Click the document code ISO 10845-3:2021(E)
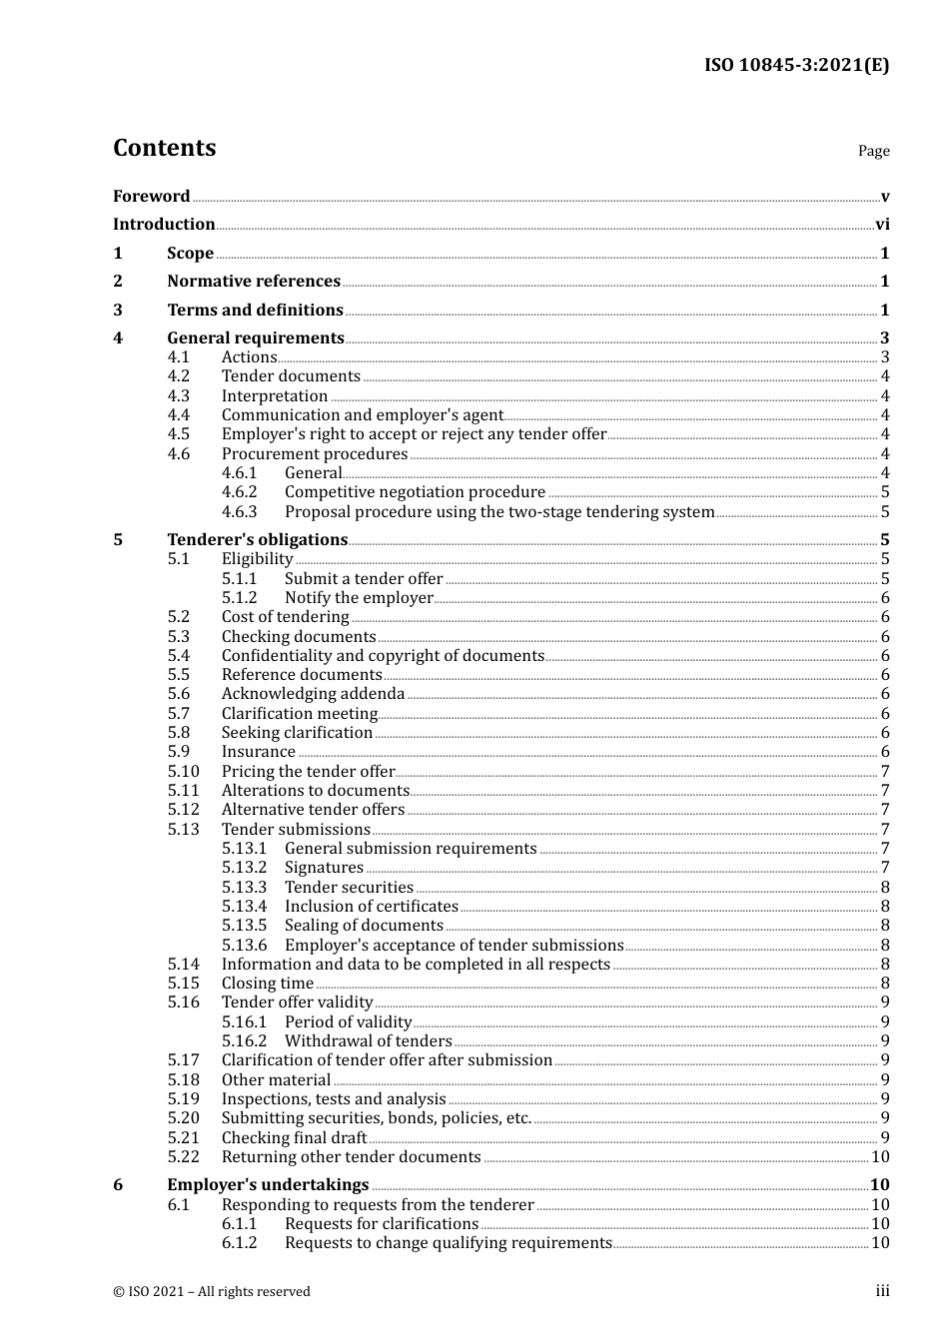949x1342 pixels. pyautogui.click(x=796, y=65)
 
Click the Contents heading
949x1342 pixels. pyautogui.click(x=164, y=148)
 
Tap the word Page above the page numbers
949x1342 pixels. pyautogui.click(x=873, y=151)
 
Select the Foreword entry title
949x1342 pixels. pyautogui.click(x=151, y=196)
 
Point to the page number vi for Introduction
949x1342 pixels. pyautogui.click(x=882, y=225)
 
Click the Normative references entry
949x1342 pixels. pyautogui.click(x=254, y=282)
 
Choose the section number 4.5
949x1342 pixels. pyautogui.click(x=179, y=434)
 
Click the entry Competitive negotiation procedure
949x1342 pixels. pyautogui.click(x=415, y=492)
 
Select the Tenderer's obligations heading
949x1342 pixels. pyautogui.click(x=257, y=540)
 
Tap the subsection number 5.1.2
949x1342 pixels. pyautogui.click(x=240, y=598)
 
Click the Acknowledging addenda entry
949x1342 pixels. pyautogui.click(x=313, y=694)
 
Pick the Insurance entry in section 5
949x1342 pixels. pyautogui.click(x=258, y=752)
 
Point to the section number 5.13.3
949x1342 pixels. pyautogui.click(x=245, y=888)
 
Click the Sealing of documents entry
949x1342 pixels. pyautogui.click(x=364, y=926)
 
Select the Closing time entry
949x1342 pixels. pyautogui.click(x=267, y=984)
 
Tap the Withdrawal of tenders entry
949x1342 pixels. pyautogui.click(x=368, y=1041)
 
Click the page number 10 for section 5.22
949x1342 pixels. pyautogui.click(x=880, y=1157)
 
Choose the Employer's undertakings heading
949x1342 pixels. pyautogui.click(x=268, y=1185)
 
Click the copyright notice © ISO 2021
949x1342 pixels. pyautogui.click(x=212, y=1292)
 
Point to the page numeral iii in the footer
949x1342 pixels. pyautogui.click(x=882, y=1291)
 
